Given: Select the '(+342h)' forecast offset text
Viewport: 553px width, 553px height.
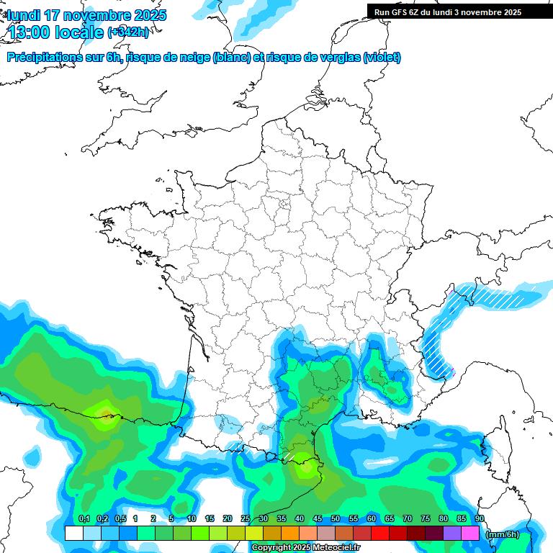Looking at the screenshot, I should [x=128, y=32].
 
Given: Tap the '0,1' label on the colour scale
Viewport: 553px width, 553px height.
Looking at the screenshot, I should [x=84, y=519].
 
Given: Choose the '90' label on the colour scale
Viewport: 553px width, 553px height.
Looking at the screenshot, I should [x=480, y=519].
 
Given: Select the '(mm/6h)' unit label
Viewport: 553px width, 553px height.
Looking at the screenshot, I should [x=503, y=534].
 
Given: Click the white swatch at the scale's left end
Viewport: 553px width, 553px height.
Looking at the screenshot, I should [x=73, y=534].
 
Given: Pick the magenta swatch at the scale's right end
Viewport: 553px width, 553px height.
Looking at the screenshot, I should [x=470, y=534].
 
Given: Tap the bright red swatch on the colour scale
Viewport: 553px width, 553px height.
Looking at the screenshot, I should [x=380, y=534].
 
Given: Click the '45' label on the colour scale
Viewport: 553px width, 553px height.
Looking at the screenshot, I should [x=318, y=519].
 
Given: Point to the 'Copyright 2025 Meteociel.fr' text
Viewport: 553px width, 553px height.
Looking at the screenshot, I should [x=306, y=548].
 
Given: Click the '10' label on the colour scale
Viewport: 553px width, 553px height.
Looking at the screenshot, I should [x=192, y=519].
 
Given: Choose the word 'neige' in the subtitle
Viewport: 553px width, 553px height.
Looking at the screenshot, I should [x=195, y=58].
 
